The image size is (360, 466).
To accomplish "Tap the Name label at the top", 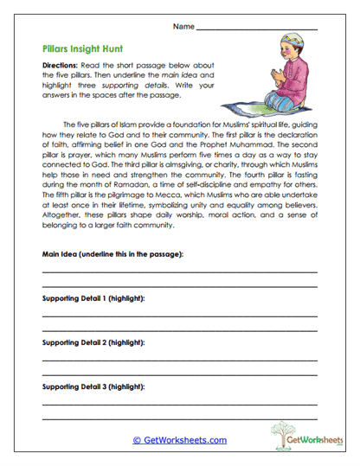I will click(x=183, y=27).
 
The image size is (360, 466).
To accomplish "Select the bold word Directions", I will click(x=61, y=66).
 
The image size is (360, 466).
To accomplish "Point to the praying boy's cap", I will click(x=288, y=44).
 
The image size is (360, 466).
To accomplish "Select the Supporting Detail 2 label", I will click(x=93, y=343).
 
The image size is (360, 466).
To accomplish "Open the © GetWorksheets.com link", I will click(x=179, y=440).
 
